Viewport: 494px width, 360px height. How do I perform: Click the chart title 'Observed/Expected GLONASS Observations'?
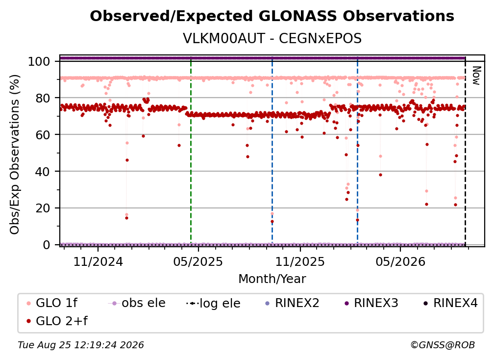point(272,16)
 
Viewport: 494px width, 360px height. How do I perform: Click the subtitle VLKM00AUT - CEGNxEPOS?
point(272,39)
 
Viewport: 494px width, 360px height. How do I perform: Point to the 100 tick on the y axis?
point(39,61)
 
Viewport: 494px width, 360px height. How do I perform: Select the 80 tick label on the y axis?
point(43,98)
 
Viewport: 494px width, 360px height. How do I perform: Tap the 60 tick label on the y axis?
point(43,135)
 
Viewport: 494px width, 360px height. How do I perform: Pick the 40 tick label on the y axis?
point(43,172)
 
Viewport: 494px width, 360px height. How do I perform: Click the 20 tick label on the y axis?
point(43,208)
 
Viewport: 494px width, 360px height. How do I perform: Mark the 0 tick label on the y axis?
point(47,245)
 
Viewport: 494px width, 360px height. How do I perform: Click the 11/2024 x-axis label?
point(98,261)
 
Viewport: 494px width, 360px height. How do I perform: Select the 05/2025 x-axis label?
point(198,261)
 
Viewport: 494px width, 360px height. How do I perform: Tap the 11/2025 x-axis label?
point(300,261)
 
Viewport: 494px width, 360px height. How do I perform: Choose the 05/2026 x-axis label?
point(400,261)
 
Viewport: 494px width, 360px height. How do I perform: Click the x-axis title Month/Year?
point(272,279)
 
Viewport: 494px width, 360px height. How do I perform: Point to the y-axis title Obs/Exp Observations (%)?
point(15,154)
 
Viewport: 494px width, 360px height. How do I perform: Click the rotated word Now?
point(476,76)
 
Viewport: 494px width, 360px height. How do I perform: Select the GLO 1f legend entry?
point(52,303)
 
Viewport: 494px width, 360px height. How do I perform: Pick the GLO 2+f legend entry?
point(57,321)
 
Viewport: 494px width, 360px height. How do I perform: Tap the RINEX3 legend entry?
point(371,303)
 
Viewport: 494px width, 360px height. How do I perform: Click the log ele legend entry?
point(214,303)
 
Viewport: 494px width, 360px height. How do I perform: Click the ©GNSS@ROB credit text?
point(443,345)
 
